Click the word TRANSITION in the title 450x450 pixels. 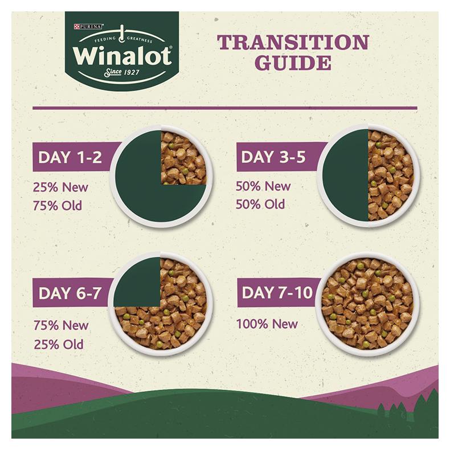[x=293, y=42]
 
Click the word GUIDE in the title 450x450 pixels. [x=293, y=62]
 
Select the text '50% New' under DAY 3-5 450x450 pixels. [x=263, y=186]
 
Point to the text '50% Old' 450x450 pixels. [x=260, y=204]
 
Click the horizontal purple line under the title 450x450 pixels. [x=224, y=108]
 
